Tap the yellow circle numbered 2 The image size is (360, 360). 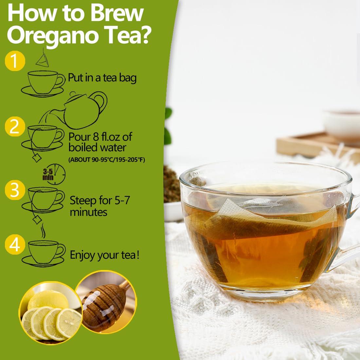[15, 127]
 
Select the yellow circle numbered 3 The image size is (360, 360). [15, 190]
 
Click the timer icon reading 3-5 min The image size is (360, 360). [54, 174]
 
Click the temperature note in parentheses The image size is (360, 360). [107, 160]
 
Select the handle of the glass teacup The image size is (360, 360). [347, 229]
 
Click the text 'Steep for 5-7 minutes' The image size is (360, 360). [100, 206]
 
